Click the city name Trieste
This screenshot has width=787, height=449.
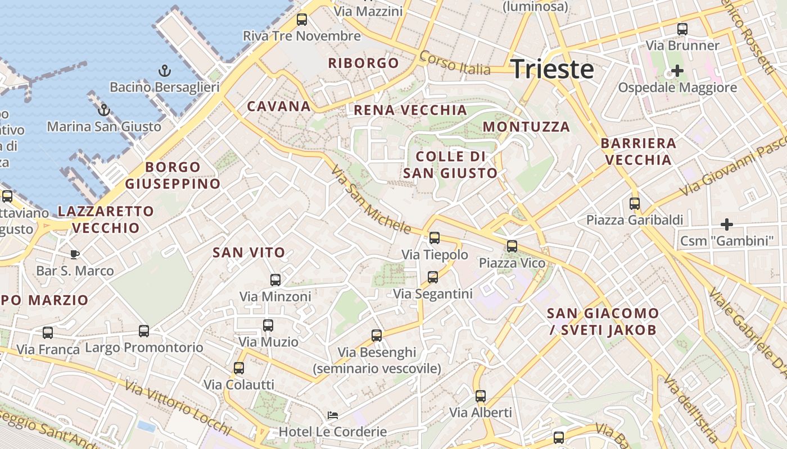(x=552, y=69)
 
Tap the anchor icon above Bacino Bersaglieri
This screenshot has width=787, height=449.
(x=165, y=71)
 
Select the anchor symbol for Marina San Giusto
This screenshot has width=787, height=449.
(x=103, y=110)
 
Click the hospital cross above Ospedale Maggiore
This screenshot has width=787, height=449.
(x=677, y=71)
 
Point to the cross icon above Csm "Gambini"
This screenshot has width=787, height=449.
(x=727, y=224)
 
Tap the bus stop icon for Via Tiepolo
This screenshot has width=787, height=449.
(x=435, y=238)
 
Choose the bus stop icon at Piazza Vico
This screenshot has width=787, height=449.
(x=512, y=246)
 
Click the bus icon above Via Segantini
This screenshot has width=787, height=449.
(x=433, y=277)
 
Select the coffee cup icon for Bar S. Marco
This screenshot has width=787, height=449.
(x=74, y=255)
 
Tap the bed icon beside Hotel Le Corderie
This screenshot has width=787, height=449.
(x=333, y=415)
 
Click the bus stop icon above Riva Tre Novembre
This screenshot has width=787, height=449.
(x=302, y=20)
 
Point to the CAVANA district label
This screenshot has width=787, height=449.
(x=279, y=106)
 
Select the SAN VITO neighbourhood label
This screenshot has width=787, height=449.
(x=248, y=253)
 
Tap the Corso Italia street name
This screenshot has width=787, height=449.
(x=455, y=63)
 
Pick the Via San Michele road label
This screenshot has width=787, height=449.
(x=371, y=199)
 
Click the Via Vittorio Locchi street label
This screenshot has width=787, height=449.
(x=178, y=408)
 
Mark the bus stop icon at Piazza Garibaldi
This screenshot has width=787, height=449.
(x=635, y=204)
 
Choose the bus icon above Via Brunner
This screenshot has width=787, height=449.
(x=682, y=29)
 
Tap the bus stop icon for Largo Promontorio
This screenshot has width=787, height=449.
(x=144, y=331)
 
